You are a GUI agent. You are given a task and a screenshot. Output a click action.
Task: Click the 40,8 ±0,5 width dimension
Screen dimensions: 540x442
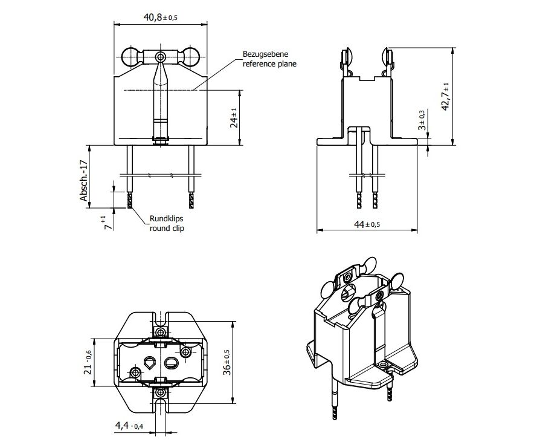(161, 18)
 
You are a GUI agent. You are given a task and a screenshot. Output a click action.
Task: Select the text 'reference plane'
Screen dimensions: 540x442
(269, 63)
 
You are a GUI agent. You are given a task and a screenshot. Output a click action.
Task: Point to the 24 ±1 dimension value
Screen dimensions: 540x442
(234, 118)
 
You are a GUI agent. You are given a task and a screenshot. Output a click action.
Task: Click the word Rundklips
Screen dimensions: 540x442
(166, 219)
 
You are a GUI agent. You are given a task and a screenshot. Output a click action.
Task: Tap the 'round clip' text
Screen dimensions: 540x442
(167, 228)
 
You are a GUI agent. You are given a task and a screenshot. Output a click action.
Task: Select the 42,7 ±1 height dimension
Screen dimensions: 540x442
(445, 97)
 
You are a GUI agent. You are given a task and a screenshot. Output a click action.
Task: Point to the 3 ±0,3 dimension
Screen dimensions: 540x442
(422, 120)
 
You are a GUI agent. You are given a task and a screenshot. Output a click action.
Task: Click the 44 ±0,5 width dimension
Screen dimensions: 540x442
(367, 224)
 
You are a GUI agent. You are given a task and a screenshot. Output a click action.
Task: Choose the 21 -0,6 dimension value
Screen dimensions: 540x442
(88, 362)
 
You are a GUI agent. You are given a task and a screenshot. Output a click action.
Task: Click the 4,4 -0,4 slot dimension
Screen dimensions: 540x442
(129, 426)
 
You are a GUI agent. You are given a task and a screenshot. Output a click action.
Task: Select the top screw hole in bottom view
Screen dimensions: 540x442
(160, 332)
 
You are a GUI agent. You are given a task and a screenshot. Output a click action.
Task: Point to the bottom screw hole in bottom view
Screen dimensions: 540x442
(160, 392)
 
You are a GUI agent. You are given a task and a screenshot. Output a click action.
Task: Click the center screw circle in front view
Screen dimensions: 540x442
(160, 56)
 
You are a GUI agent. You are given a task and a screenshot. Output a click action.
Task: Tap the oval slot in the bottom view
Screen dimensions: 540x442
(171, 362)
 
